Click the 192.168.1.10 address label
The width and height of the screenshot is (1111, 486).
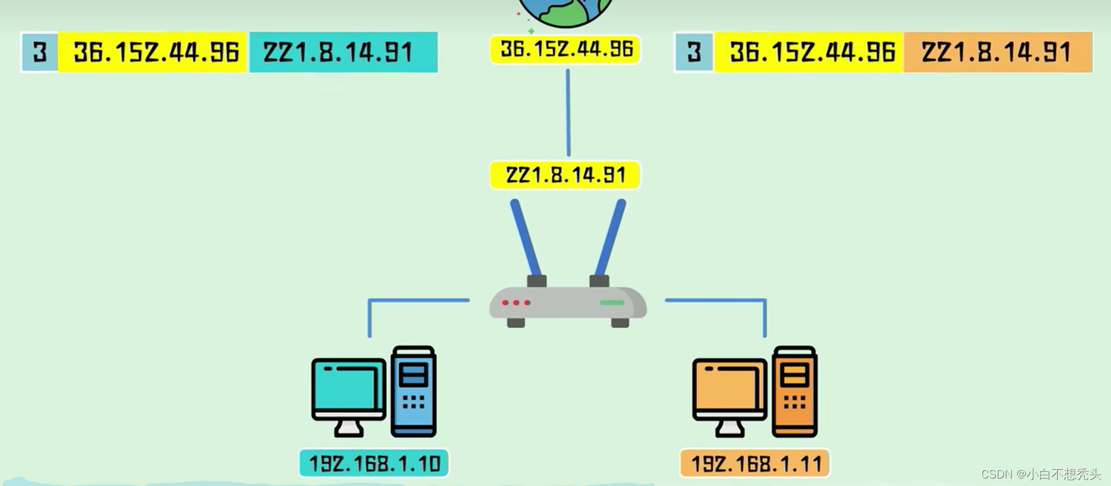[374, 463]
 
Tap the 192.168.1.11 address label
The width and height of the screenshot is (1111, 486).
[755, 464]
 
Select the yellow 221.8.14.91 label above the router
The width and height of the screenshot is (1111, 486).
[565, 175]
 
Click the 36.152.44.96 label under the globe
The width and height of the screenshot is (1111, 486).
[566, 50]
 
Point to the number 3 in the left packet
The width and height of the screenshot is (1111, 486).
[40, 52]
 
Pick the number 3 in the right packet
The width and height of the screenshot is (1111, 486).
[694, 52]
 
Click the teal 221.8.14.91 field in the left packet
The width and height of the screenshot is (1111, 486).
[343, 52]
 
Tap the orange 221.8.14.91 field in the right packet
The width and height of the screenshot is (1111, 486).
[997, 52]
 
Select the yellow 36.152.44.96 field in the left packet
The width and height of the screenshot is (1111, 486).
[154, 52]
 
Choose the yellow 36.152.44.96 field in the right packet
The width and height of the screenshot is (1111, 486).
[809, 52]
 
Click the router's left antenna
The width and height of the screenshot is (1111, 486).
[525, 238]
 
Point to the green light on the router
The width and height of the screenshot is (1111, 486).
[612, 303]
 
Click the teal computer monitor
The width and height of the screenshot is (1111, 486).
[348, 389]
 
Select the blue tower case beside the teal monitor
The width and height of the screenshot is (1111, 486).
[414, 391]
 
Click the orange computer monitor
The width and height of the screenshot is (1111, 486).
[729, 389]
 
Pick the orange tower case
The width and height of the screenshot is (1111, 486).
[795, 391]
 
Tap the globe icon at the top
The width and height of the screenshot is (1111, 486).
[565, 11]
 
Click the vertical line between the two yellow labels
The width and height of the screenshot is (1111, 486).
[568, 113]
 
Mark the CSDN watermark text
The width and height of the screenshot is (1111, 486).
[1040, 474]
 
